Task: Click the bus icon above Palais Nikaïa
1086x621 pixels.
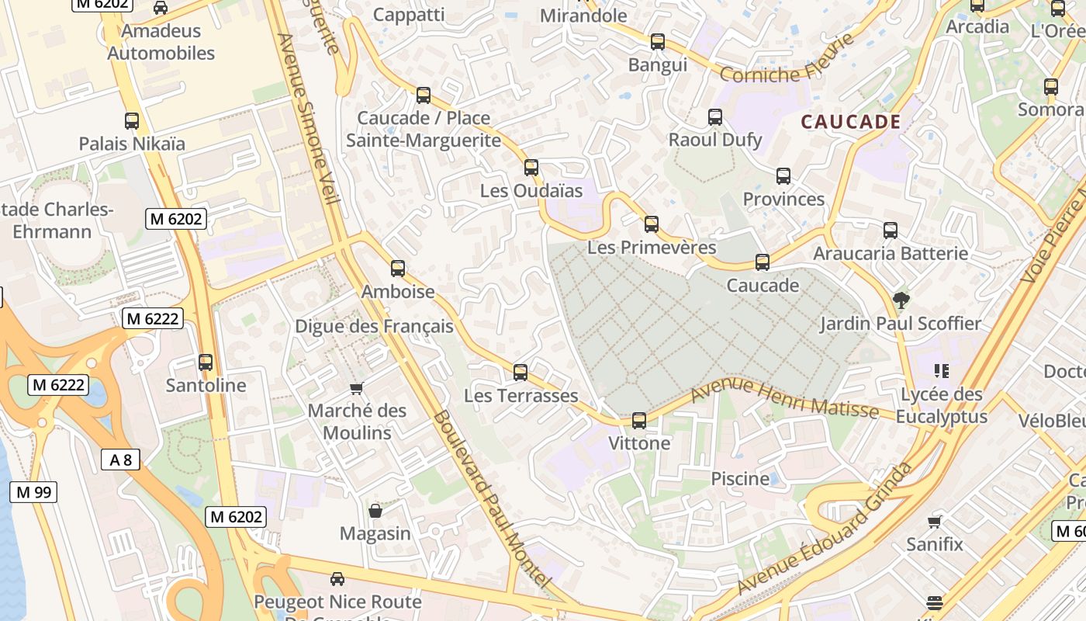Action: coord(132,121)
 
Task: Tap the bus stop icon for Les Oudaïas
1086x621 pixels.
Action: coord(531,168)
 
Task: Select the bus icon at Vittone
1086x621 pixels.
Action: coord(638,421)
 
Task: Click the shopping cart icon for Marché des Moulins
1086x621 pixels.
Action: coord(357,388)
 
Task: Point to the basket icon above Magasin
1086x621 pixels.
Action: coord(375,511)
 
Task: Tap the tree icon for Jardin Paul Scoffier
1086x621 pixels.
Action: coord(901,300)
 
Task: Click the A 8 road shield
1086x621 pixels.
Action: coord(120,460)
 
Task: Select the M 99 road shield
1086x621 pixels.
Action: coord(33,491)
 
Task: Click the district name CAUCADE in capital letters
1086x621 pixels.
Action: coord(850,122)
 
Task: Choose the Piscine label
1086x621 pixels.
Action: coord(740,478)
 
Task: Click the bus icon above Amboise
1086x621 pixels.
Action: coord(398,269)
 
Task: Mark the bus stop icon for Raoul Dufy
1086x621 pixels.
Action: coord(714,117)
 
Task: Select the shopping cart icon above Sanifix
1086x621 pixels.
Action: coord(935,522)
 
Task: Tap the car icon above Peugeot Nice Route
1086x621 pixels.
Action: coord(337,578)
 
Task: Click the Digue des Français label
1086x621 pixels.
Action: coord(374,326)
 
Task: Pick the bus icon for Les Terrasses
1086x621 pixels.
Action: coord(521,373)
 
